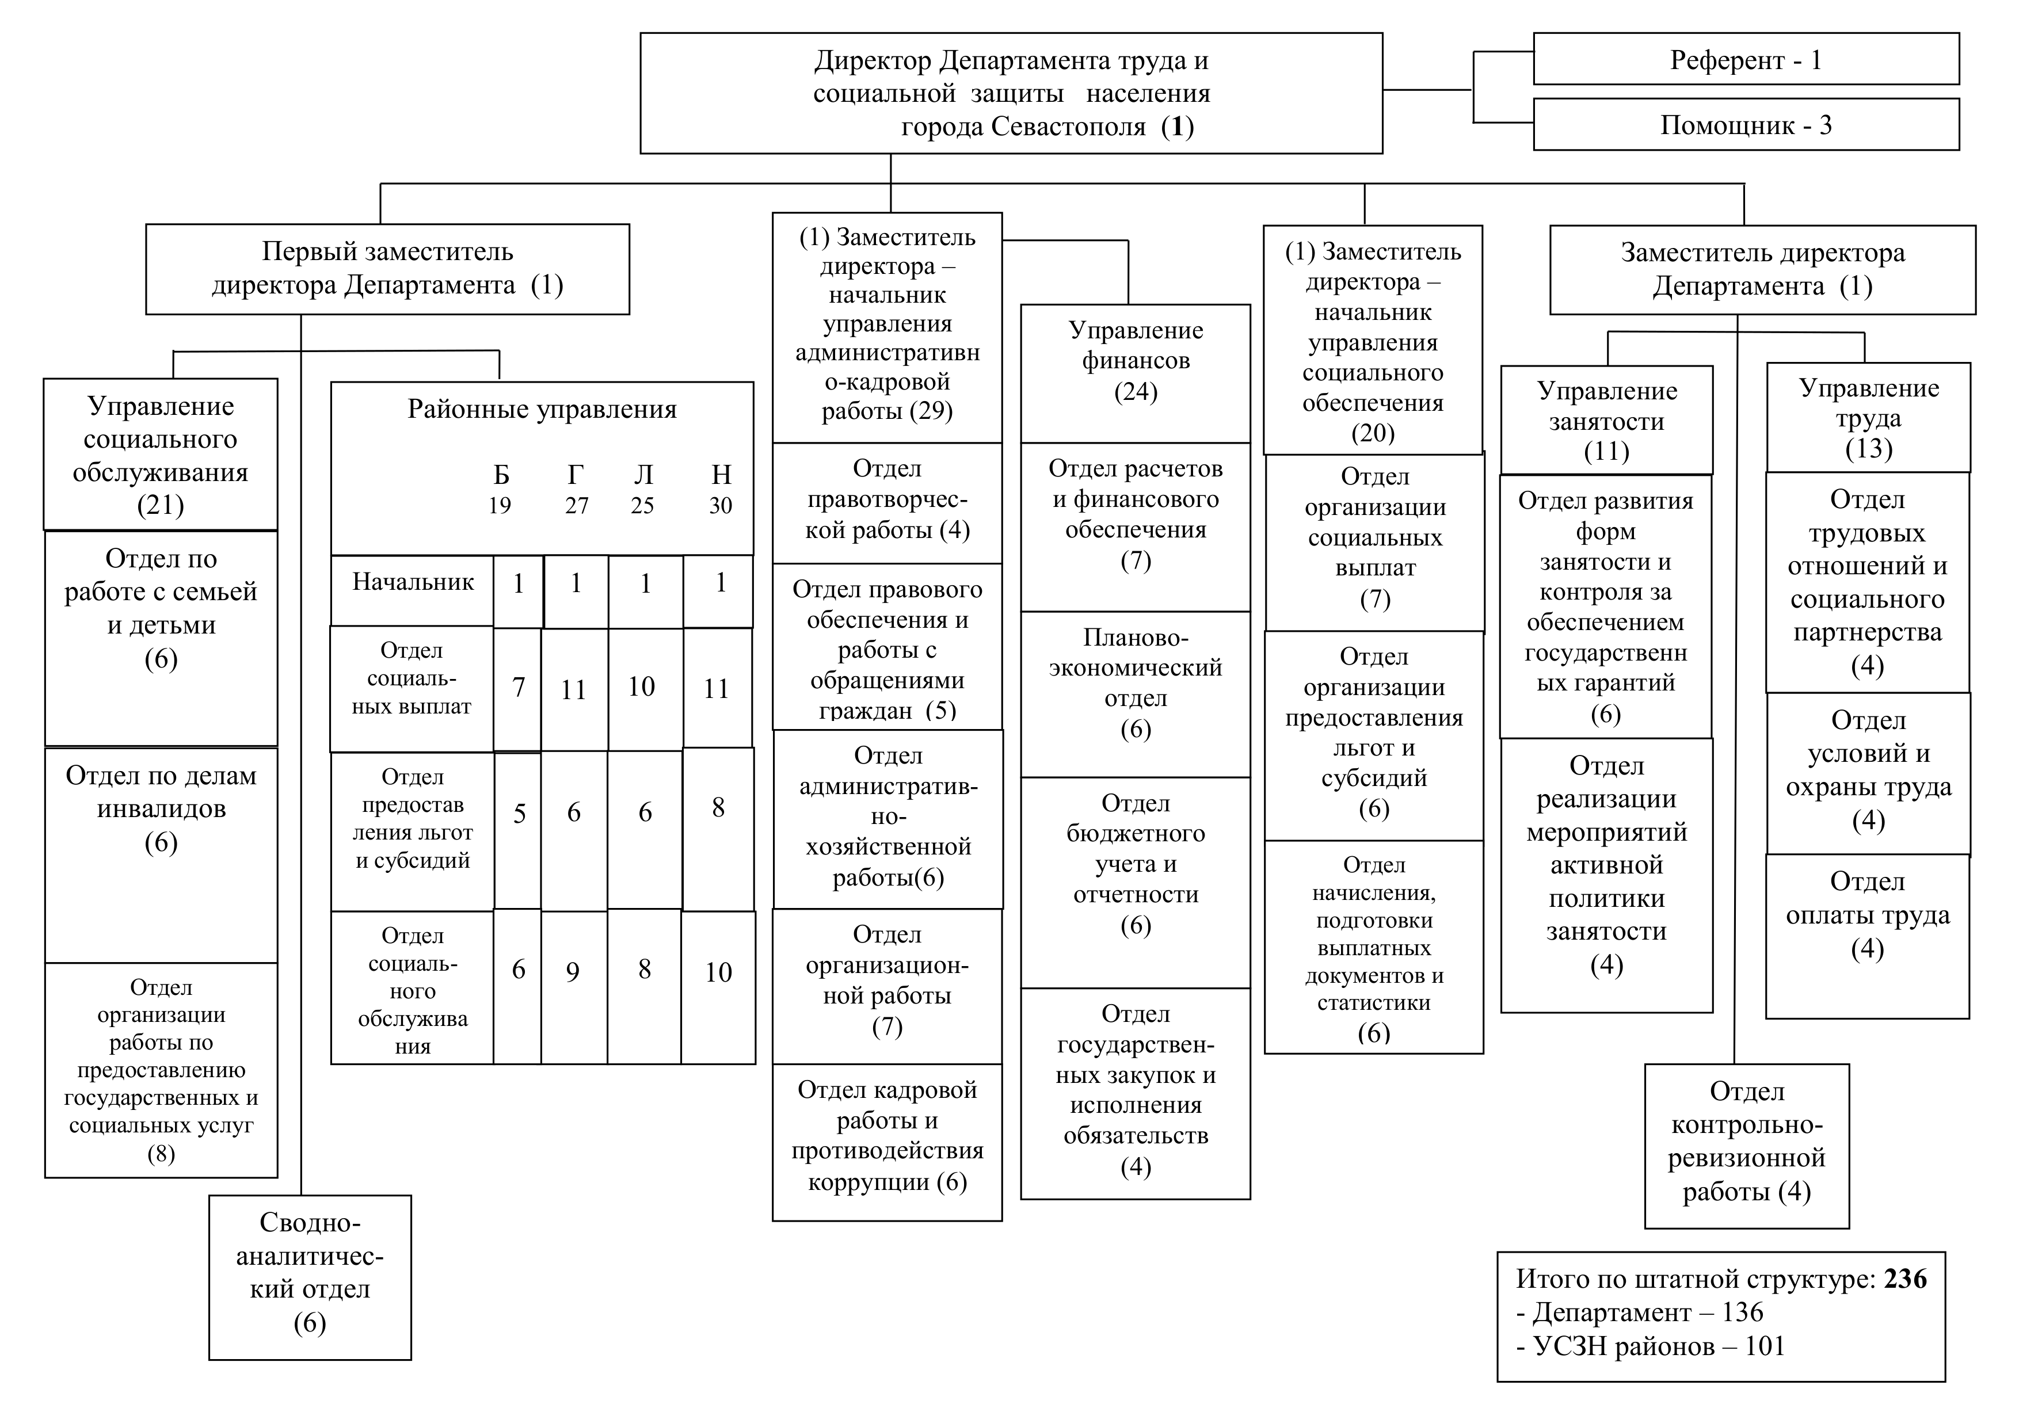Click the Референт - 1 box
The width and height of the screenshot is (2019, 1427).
[x=1746, y=60]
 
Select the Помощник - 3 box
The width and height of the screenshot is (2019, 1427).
[x=1746, y=125]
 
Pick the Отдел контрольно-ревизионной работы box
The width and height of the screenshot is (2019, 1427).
[x=1746, y=1145]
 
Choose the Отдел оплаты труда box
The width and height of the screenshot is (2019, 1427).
[x=1867, y=936]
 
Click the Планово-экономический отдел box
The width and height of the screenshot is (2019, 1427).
[x=1135, y=694]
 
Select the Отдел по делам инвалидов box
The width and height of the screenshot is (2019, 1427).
[x=161, y=854]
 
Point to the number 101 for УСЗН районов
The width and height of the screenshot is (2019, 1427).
[x=1764, y=1346]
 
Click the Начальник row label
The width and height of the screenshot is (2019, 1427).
[x=413, y=582]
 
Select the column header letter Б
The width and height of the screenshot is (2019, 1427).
[x=501, y=475]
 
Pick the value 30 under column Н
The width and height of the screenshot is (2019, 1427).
[x=720, y=506]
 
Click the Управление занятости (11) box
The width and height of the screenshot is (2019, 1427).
[x=1606, y=420]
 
